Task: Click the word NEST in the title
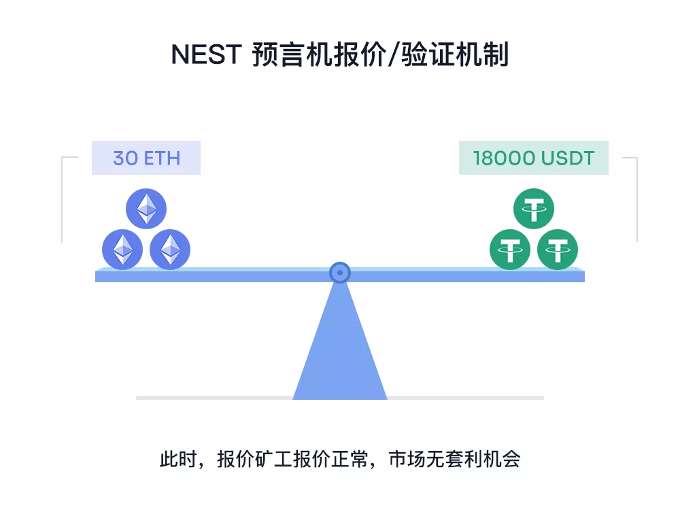pyautogui.click(x=207, y=54)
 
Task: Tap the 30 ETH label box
pyautogui.click(x=146, y=158)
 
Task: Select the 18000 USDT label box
pyautogui.click(x=533, y=158)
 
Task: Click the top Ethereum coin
pyautogui.click(x=146, y=209)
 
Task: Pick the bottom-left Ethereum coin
pyautogui.click(x=122, y=250)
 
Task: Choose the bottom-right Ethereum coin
pyautogui.click(x=170, y=250)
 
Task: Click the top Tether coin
pyautogui.click(x=533, y=209)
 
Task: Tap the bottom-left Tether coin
pyautogui.click(x=510, y=250)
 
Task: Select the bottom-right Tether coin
pyautogui.click(x=558, y=250)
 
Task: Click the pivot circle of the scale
pyautogui.click(x=340, y=273)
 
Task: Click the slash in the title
pyautogui.click(x=392, y=54)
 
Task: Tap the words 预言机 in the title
pyautogui.click(x=292, y=54)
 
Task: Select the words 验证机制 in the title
pyautogui.click(x=454, y=54)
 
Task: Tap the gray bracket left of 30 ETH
pyautogui.click(x=63, y=199)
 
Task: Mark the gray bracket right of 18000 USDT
pyautogui.click(x=637, y=199)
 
